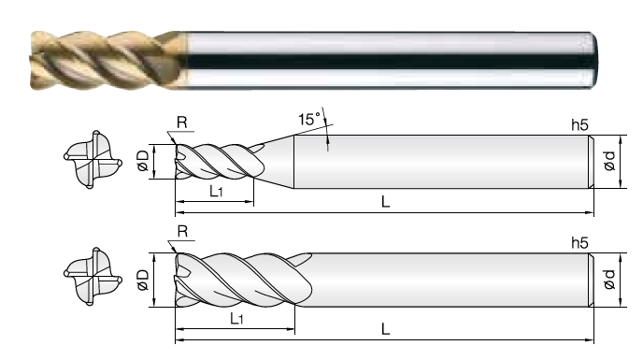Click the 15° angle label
[309, 119]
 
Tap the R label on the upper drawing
[181, 122]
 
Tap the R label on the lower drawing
[182, 232]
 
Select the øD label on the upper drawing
[143, 161]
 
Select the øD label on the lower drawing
[143, 280]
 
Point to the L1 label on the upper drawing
[216, 192]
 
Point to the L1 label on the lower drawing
[236, 319]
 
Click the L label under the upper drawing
[385, 202]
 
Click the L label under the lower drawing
[385, 329]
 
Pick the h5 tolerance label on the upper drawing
[579, 124]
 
